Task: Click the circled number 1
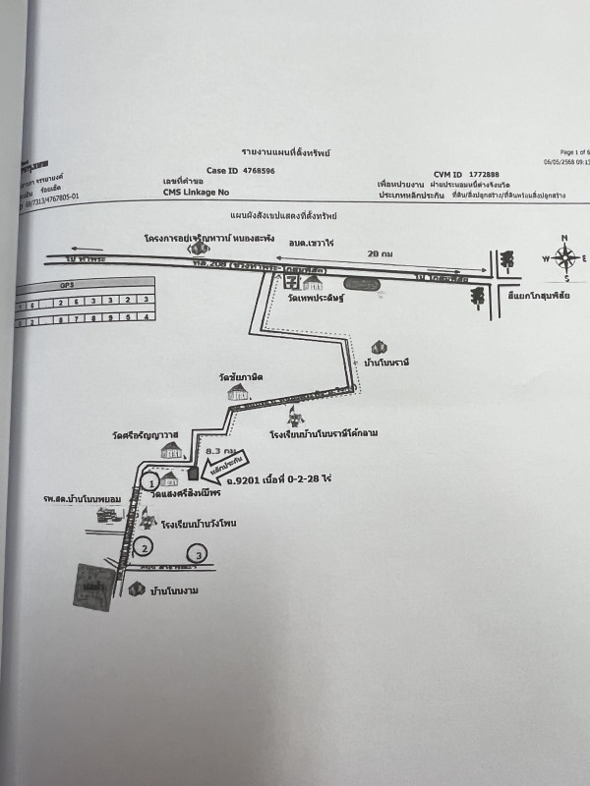coord(149,482)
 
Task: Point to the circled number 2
coord(145,548)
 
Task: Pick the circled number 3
coord(200,556)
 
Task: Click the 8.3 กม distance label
coord(210,450)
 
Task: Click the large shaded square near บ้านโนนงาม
coord(95,586)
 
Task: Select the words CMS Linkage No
coord(196,194)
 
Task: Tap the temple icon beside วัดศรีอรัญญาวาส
coord(172,450)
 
